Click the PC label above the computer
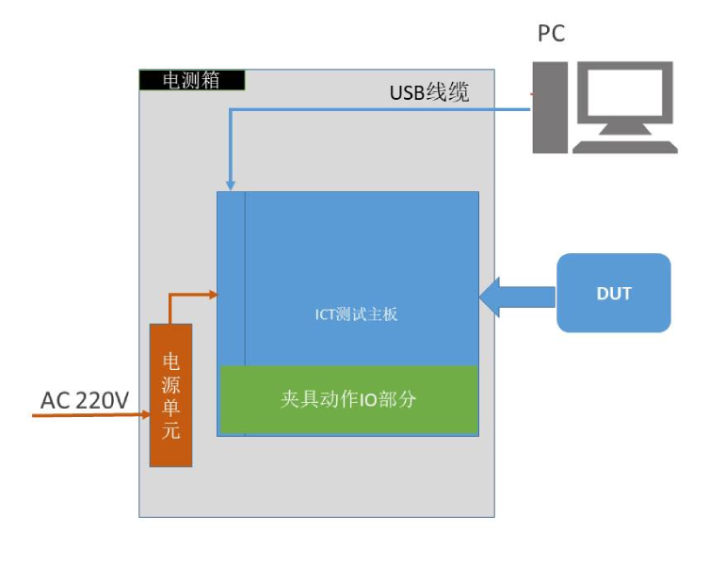point(551,34)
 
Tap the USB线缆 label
point(429,92)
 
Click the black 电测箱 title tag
point(192,80)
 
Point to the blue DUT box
point(613,293)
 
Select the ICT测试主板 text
point(356,314)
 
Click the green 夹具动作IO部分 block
point(348,399)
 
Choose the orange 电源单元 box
point(170,394)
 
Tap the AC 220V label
point(85,401)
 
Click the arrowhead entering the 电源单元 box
point(145,413)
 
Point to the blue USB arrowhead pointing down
point(230,185)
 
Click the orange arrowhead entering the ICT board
point(214,295)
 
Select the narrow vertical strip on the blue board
point(232,278)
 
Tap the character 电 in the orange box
point(171,361)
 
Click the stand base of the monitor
point(625,146)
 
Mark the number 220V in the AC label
point(102,401)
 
